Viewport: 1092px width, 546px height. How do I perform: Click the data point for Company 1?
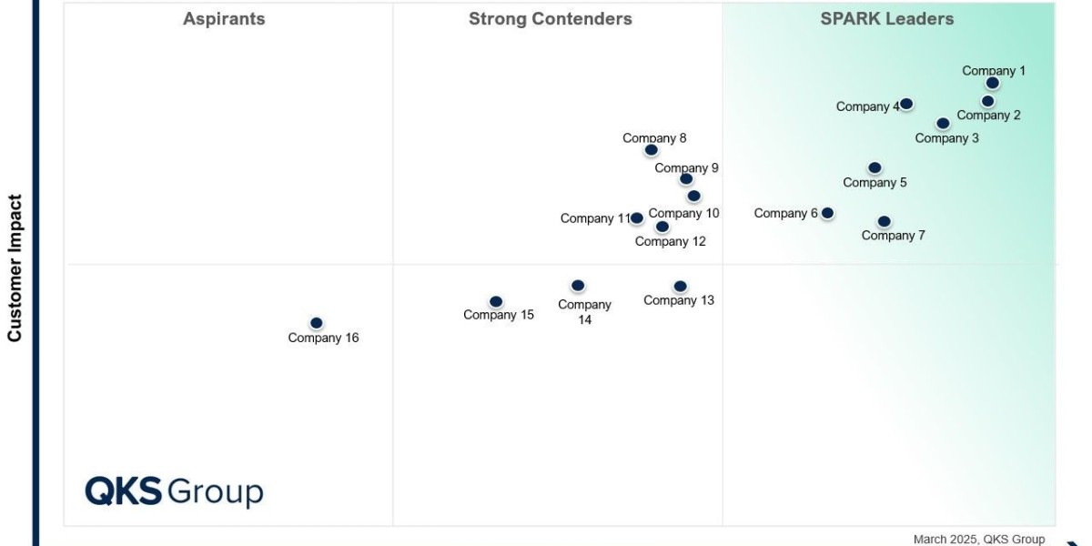992,83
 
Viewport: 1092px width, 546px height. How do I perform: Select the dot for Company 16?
316,323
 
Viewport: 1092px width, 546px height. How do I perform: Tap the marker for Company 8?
651,150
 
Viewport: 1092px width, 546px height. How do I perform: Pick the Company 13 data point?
680,287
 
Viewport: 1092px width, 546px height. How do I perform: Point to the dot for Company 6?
827,213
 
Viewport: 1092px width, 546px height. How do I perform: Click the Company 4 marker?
906,104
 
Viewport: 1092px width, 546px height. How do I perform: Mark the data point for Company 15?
496,302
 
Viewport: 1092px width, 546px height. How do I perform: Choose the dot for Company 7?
884,221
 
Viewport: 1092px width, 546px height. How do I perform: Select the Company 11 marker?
637,218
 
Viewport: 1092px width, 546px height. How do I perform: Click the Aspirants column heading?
224,19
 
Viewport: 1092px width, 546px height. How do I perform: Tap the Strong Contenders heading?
550,19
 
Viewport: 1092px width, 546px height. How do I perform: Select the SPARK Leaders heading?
887,19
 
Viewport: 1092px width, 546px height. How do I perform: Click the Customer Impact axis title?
15,268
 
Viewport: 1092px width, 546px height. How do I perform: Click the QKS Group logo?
174,491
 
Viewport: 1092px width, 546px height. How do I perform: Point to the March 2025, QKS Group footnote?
979,539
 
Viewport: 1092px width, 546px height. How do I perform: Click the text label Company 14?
584,312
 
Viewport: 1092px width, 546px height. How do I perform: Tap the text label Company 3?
947,138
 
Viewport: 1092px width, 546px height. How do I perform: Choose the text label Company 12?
670,241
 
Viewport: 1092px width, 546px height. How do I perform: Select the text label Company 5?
875,182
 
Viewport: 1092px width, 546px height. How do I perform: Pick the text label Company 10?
684,213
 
